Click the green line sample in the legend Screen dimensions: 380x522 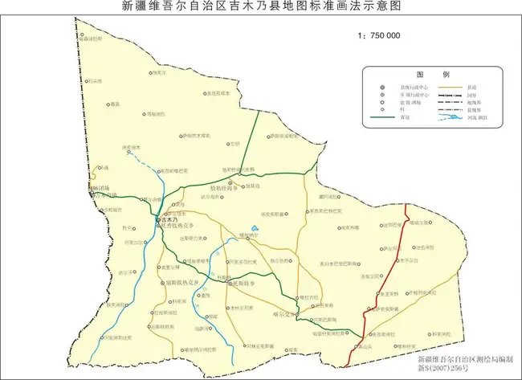tap(391, 116)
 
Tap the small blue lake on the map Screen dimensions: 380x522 tap(255, 227)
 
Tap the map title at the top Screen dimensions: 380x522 tap(261, 7)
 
